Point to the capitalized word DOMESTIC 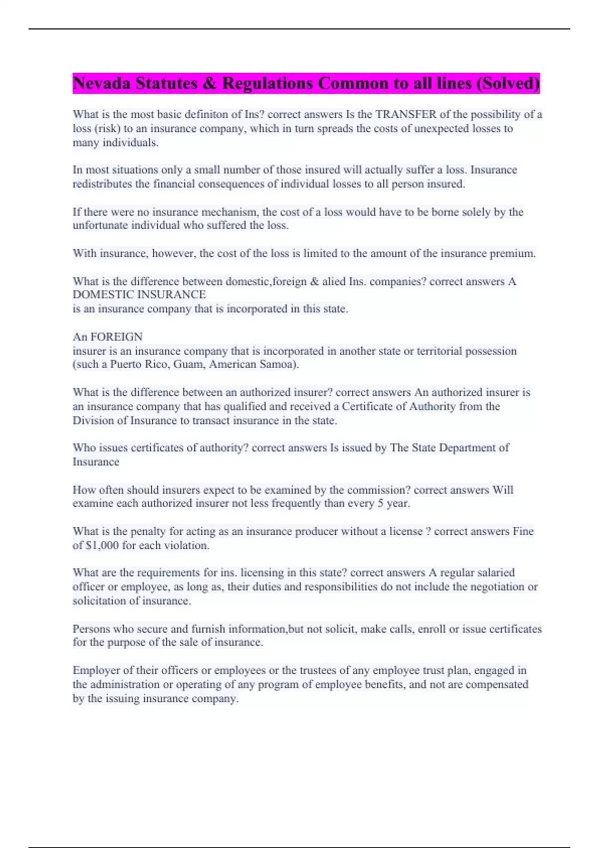click(103, 295)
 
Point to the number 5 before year click(380, 503)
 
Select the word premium click(512, 253)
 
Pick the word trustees click(319, 670)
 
